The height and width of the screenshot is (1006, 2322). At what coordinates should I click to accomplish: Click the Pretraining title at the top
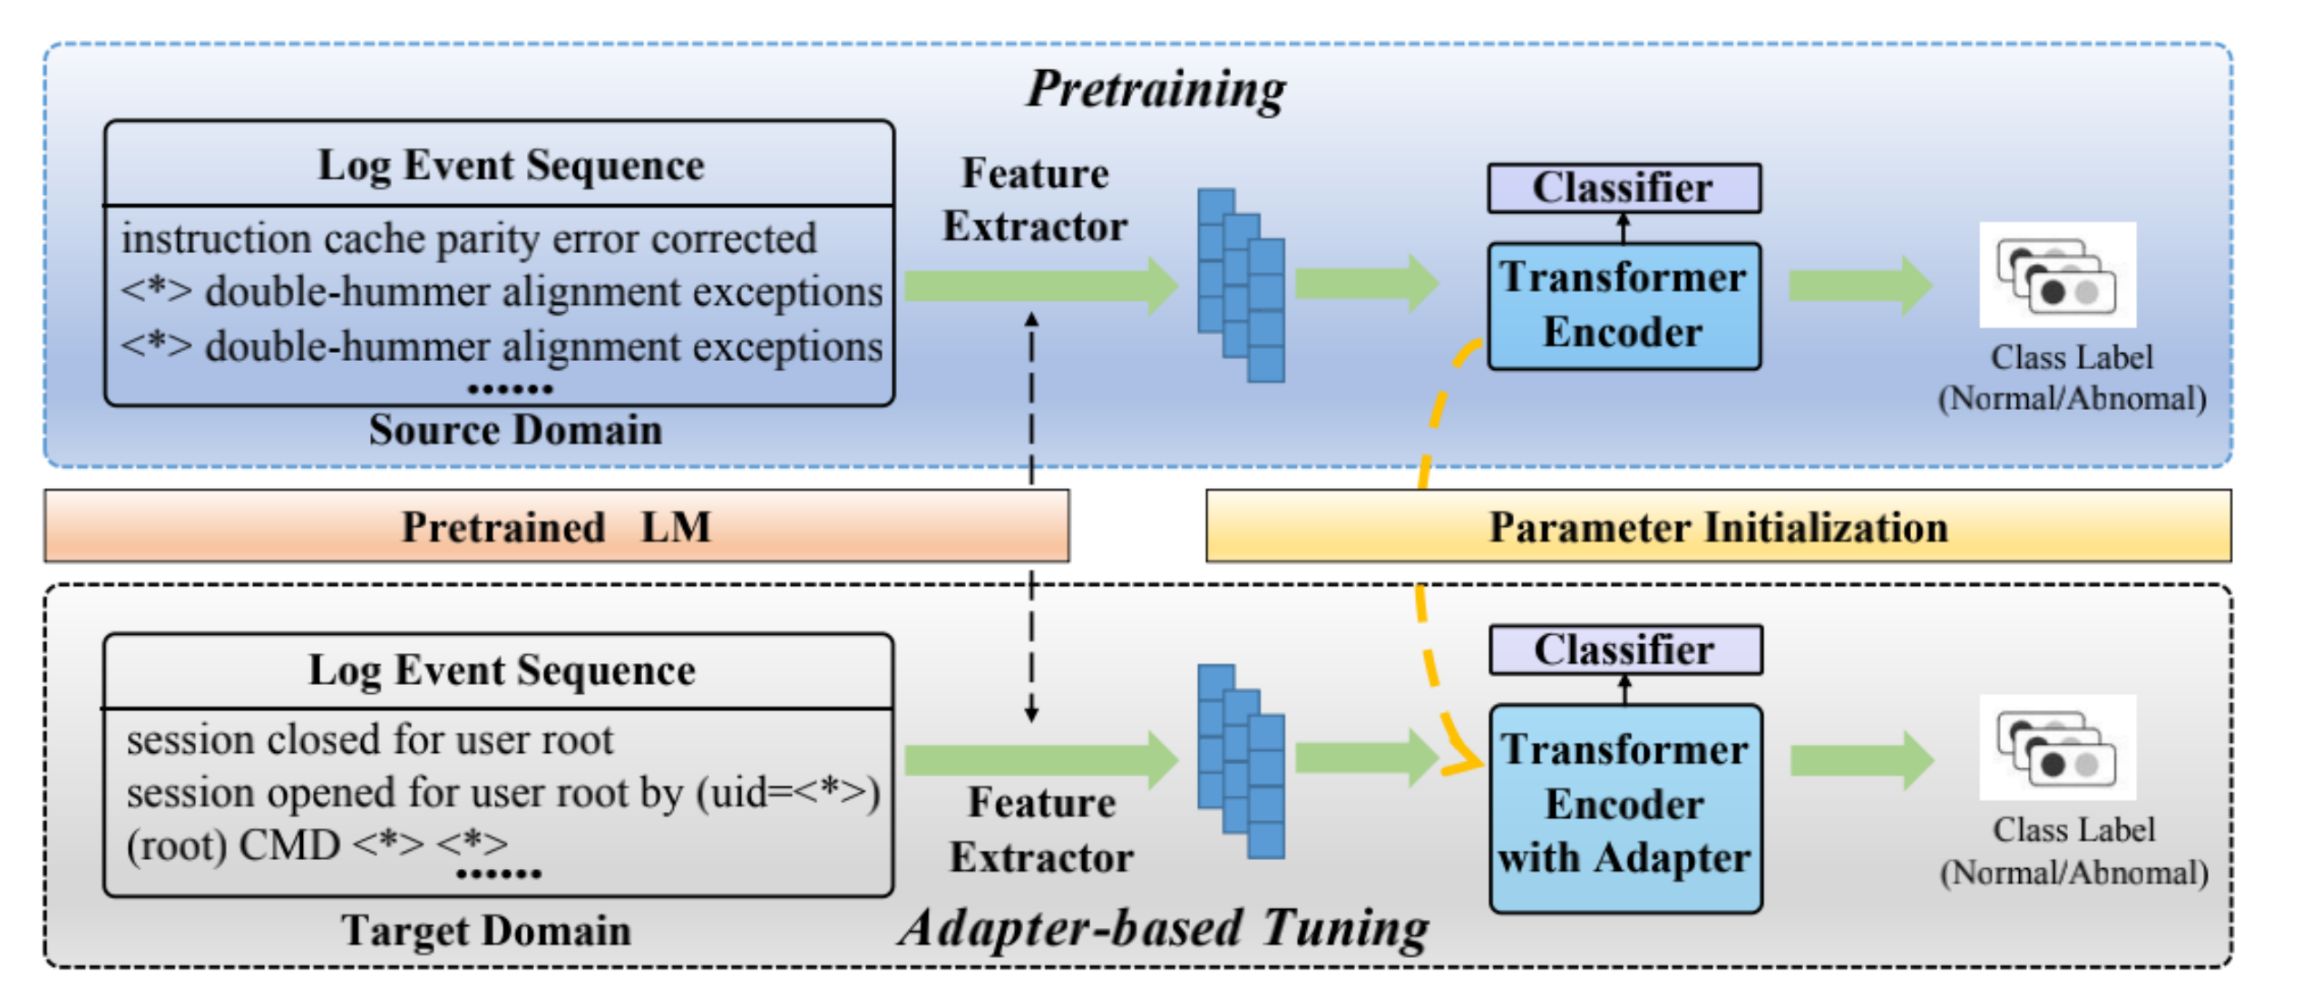[1156, 90]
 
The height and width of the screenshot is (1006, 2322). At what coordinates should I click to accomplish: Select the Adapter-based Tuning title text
[1165, 928]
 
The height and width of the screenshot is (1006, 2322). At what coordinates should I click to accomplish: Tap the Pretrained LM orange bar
[556, 527]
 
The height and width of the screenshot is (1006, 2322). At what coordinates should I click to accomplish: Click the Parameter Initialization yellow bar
[1718, 527]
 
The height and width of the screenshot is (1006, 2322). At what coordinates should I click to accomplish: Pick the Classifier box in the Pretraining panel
[1624, 189]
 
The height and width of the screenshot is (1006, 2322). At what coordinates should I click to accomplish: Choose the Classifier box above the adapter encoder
[1625, 650]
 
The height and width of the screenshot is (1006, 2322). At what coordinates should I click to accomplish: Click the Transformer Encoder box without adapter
[1624, 305]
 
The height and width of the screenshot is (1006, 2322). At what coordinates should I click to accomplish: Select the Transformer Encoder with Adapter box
[1625, 806]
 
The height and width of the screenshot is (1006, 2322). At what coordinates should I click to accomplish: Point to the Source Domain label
[515, 430]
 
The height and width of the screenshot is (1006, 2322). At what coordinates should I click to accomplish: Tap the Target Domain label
[486, 931]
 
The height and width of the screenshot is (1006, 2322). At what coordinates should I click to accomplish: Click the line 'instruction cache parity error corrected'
[469, 239]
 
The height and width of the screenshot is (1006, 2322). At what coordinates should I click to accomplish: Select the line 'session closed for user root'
[370, 740]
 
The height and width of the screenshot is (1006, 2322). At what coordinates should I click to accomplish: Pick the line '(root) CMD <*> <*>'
[317, 845]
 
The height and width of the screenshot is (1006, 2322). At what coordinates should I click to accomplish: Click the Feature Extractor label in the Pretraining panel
[1035, 200]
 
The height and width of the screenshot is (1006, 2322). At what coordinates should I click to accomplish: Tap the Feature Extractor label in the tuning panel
[1041, 830]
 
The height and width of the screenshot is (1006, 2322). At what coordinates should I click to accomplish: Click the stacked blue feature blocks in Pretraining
[1241, 285]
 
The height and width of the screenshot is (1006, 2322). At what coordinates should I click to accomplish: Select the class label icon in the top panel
[2057, 275]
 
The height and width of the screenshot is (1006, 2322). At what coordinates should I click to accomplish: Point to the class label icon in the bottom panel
[2057, 747]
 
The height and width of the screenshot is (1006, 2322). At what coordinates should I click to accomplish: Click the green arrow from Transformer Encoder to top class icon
[1859, 285]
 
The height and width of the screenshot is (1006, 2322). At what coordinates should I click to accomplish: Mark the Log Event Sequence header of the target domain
[502, 671]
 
